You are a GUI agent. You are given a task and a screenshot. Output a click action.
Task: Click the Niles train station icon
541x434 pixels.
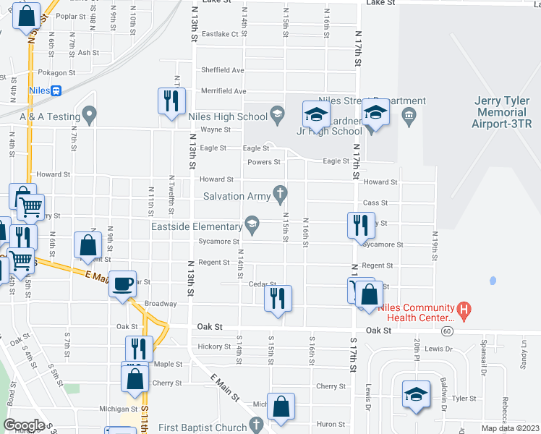pos(57,90)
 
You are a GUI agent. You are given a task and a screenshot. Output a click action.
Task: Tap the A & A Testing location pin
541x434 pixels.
pos(90,114)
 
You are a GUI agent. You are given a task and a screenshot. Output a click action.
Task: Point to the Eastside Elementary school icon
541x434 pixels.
pos(252,224)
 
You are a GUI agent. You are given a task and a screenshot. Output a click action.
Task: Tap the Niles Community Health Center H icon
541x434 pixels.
pos(465,311)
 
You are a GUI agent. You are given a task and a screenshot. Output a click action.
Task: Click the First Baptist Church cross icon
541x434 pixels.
pos(255,425)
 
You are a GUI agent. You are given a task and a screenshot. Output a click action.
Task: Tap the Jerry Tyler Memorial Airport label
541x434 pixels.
pos(500,113)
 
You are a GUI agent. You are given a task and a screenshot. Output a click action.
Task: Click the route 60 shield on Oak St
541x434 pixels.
pos(448,331)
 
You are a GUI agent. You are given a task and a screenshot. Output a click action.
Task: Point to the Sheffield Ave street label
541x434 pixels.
pos(223,70)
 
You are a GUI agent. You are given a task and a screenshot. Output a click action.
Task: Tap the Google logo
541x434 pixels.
pos(25,425)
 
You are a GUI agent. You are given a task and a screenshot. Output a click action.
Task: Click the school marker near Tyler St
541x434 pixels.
pos(416,395)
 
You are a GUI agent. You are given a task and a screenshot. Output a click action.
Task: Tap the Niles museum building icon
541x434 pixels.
pos(408,114)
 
